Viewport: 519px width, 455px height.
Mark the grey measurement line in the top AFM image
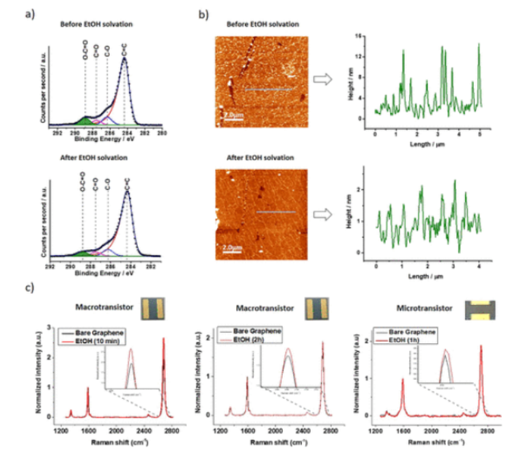pyautogui.click(x=268, y=89)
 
